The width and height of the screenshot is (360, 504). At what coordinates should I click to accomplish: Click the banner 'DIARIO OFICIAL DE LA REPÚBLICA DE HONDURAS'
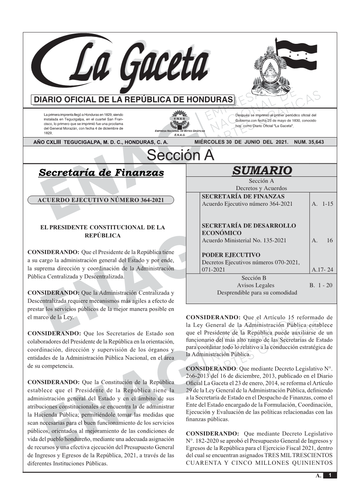tap(133, 100)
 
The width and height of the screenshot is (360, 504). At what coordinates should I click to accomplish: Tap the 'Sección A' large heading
tap(180, 155)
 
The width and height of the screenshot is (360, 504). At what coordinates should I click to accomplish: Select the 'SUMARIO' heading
tap(261, 170)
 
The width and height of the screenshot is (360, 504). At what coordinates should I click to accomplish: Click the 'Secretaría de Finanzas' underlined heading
tap(101, 173)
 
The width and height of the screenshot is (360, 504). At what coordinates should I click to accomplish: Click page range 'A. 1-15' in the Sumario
tap(322, 204)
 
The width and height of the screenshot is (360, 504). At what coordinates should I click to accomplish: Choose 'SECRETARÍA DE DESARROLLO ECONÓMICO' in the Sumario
tap(248, 229)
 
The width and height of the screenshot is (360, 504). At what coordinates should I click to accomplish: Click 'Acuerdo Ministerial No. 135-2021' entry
tap(244, 240)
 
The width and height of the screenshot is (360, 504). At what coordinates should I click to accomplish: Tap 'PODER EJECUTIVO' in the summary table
tap(231, 255)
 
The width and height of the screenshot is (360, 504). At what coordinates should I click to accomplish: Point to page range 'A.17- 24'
tap(322, 270)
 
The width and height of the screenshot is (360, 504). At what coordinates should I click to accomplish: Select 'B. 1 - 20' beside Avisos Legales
tap(321, 285)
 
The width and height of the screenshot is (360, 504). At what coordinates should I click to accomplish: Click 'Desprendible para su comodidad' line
tap(257, 293)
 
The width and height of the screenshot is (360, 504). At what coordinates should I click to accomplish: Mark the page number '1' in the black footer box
tap(330, 475)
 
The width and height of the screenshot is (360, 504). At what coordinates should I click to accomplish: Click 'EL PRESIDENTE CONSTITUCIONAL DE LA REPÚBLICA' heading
tap(102, 231)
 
